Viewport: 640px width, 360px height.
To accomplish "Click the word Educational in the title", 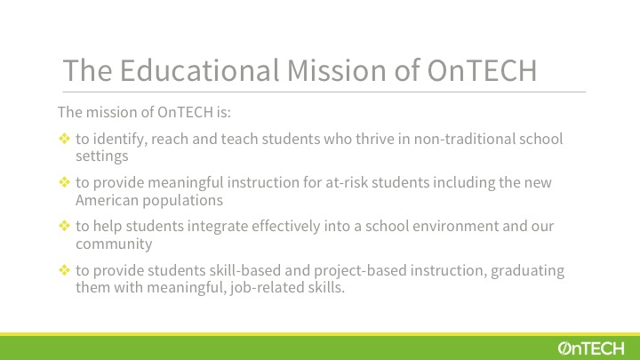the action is pyautogui.click(x=200, y=70).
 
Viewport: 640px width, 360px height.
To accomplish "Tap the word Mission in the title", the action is pyautogui.click(x=337, y=70).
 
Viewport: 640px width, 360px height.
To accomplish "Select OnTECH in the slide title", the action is pyautogui.click(x=482, y=70).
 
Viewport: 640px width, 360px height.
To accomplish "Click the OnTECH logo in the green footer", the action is pyautogui.click(x=591, y=348).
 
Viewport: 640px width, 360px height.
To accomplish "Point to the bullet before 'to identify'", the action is pyautogui.click(x=65, y=139).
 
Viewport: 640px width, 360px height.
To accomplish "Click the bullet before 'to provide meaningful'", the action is pyautogui.click(x=65, y=181).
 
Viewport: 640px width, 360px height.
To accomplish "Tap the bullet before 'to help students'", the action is pyautogui.click(x=65, y=225).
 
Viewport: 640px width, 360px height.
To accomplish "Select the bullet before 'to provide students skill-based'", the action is pyautogui.click(x=65, y=270).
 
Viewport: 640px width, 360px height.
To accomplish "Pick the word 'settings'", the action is pyautogui.click(x=102, y=156).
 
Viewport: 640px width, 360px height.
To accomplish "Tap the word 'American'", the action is pyautogui.click(x=108, y=200).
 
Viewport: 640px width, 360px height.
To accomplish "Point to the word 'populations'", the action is pyautogui.click(x=182, y=200).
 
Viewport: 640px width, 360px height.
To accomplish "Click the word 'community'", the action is pyautogui.click(x=114, y=244).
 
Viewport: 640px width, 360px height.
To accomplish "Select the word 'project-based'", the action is pyautogui.click(x=360, y=270).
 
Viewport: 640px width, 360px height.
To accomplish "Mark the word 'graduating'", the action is pyautogui.click(x=527, y=270).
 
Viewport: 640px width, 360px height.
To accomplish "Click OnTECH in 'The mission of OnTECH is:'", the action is pyautogui.click(x=185, y=112).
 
